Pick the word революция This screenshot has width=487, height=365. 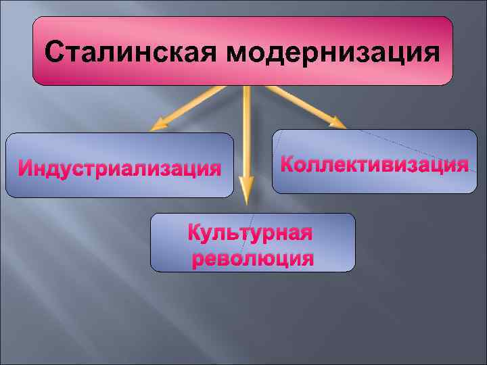(x=253, y=259)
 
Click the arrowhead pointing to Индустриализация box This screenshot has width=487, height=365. (x=158, y=124)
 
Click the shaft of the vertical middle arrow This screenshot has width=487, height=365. (x=246, y=135)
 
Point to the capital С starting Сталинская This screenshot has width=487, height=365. (x=53, y=51)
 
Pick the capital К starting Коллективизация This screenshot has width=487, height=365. (x=287, y=164)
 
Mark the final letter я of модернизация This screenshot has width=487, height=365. (x=431, y=52)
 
